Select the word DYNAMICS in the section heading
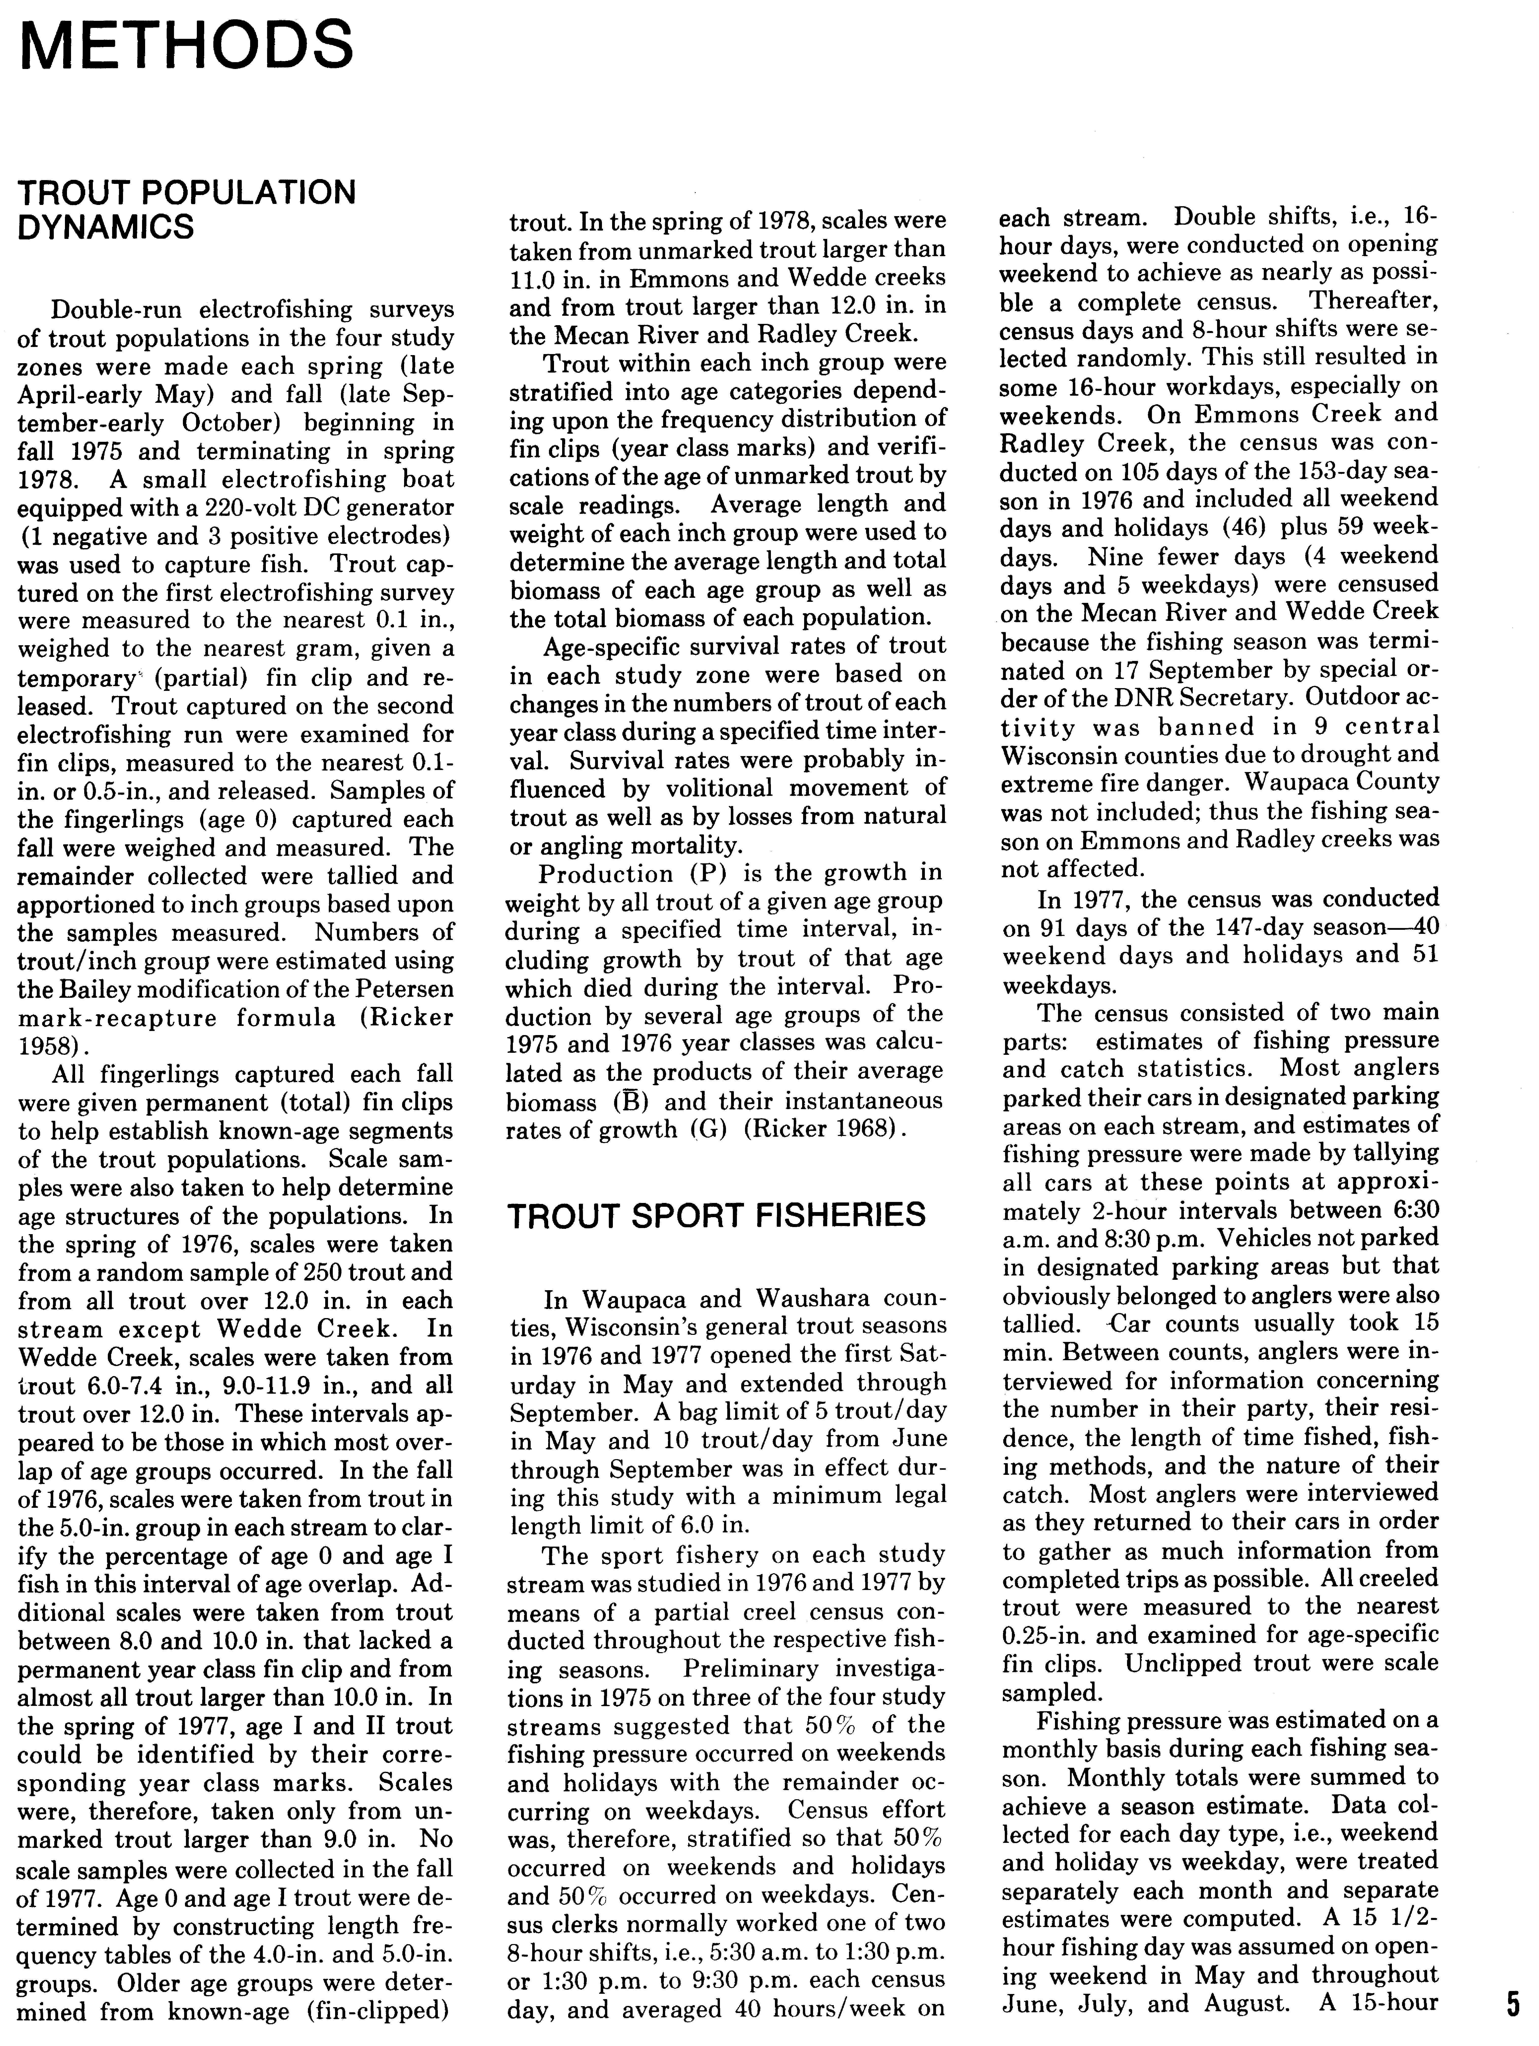pos(106,226)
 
